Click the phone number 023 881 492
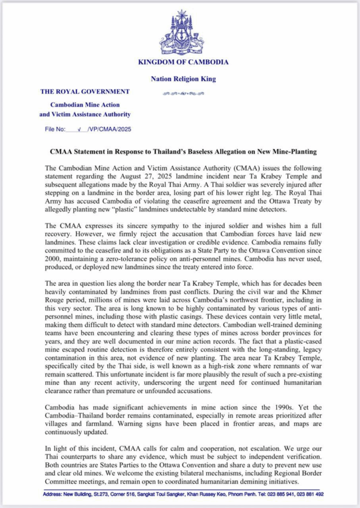point(310,494)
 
